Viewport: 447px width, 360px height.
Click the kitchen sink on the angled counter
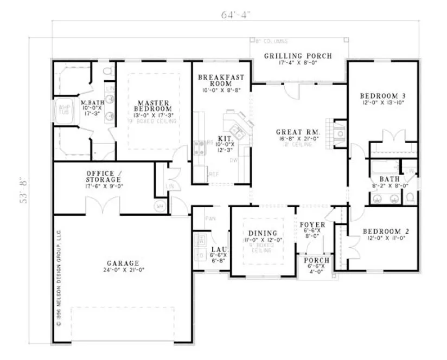tap(237, 130)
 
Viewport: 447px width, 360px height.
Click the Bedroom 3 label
tap(383, 97)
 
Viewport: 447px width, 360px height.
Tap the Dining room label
tap(264, 234)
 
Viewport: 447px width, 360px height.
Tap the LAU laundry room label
tap(215, 249)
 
